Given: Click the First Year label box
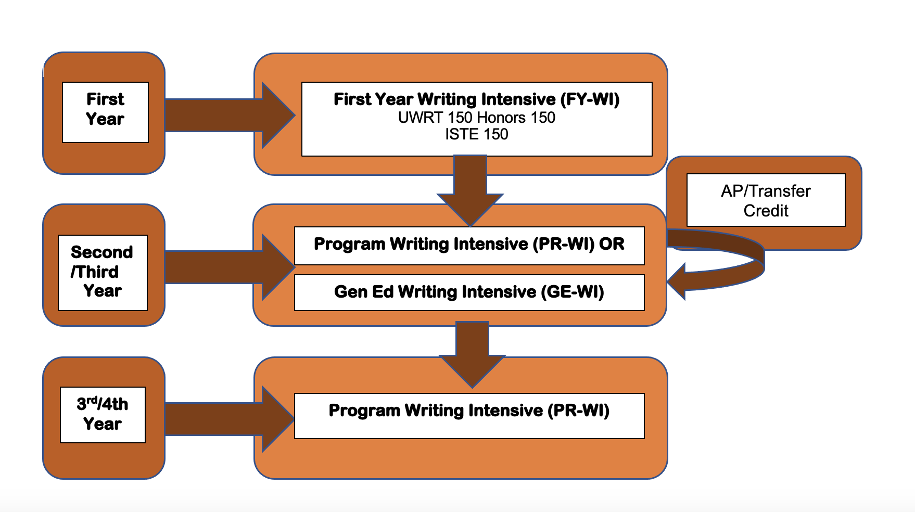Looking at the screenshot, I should click(105, 112).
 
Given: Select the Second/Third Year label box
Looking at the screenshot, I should click(103, 272).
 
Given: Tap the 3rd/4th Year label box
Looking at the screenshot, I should click(103, 415).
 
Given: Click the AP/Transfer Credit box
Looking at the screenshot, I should click(766, 200).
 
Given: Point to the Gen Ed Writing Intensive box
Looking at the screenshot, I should click(469, 292).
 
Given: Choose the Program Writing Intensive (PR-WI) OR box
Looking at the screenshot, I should click(469, 245).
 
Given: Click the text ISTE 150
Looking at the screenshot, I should click(476, 134).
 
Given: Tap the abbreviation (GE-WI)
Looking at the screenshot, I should click(573, 292).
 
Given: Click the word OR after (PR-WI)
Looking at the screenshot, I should click(612, 244).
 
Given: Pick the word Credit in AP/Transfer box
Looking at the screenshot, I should click(766, 211).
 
